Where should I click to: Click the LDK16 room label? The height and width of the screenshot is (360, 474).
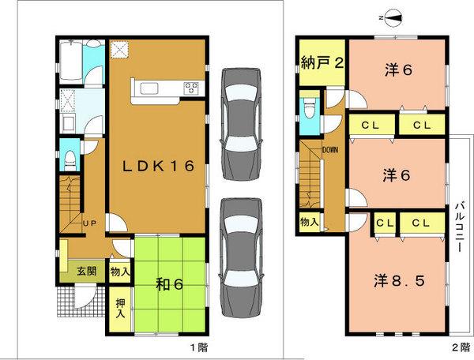158,166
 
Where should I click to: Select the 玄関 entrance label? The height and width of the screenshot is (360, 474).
86,271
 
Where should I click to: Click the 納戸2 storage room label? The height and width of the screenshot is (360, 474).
322,65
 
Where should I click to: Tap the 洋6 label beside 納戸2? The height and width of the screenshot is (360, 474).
397,69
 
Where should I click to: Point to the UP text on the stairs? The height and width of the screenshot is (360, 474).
90,223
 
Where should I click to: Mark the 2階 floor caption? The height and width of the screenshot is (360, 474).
457,347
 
